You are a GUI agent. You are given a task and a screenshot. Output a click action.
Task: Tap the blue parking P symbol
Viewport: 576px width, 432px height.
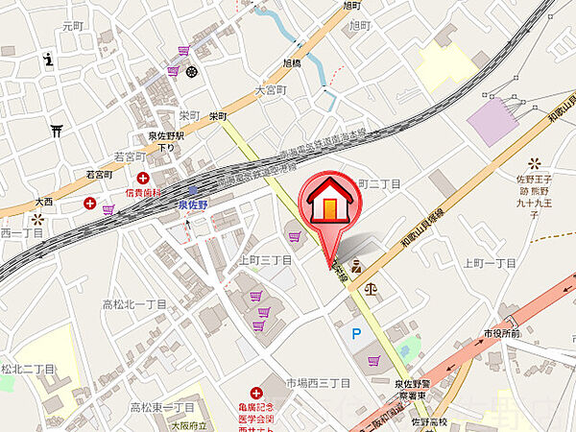(356, 333)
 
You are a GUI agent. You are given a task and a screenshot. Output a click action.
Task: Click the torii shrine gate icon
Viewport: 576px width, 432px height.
(57, 132)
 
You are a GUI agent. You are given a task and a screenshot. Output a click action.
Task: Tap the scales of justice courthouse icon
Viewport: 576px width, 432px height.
(372, 286)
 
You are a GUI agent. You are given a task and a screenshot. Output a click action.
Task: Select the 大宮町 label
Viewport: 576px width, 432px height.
(272, 89)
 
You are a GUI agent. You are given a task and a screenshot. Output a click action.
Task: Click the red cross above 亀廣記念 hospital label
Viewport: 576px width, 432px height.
(255, 392)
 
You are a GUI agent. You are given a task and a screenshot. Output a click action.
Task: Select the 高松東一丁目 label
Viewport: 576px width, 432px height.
(162, 407)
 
